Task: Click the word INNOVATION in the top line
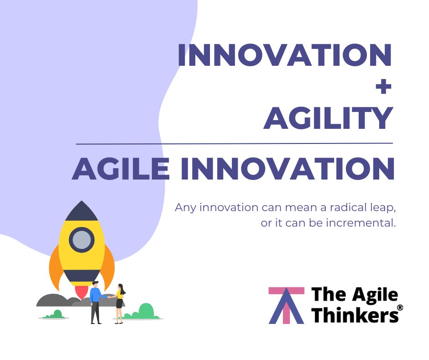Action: point(284,55)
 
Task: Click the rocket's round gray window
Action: point(82,239)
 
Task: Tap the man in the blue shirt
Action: point(96,302)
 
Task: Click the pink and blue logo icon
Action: point(286,305)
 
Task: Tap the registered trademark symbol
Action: point(400,308)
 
